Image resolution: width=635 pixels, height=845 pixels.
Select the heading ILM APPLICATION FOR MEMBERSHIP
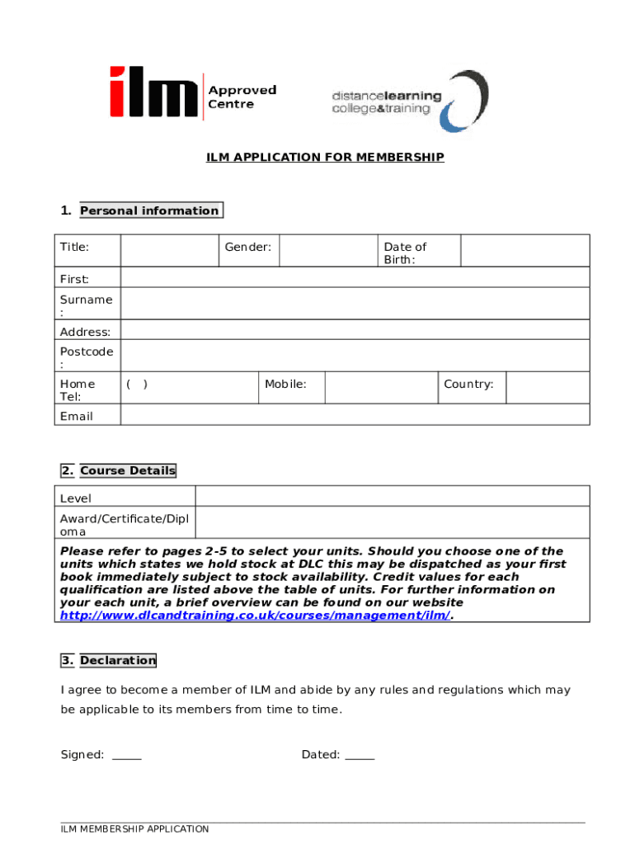[325, 157]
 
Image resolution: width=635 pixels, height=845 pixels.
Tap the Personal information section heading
[149, 210]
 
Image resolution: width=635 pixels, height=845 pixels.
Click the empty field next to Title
[169, 250]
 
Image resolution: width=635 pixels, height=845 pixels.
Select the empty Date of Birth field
[524, 250]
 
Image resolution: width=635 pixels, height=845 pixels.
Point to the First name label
[75, 279]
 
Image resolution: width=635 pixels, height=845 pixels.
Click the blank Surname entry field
[355, 304]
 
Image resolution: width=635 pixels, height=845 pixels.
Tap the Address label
[85, 332]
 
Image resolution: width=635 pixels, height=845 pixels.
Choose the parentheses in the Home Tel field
[137, 384]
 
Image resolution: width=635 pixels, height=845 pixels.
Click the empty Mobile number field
[380, 387]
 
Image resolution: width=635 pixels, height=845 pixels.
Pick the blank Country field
[547, 387]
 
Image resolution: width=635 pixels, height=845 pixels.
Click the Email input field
[355, 414]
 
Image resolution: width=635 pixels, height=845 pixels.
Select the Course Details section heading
[128, 470]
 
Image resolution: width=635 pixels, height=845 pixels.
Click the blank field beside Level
[392, 496]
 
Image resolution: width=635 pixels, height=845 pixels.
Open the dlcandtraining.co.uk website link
[255, 616]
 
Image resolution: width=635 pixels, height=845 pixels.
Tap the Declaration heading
[118, 660]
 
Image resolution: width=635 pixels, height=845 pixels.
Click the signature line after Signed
[126, 755]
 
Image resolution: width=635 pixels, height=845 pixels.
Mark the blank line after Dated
[360, 755]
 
